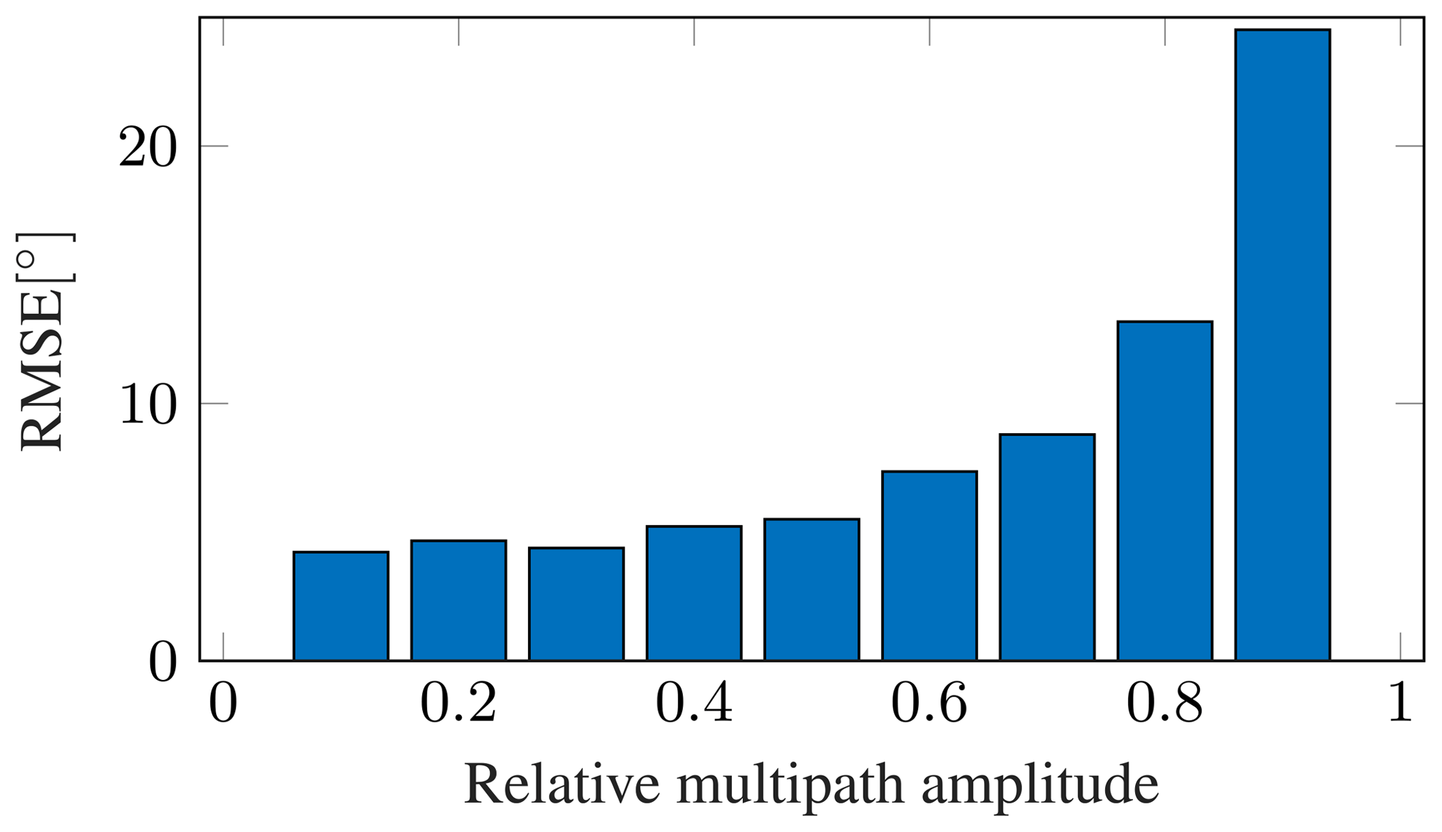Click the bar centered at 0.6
click(x=929, y=566)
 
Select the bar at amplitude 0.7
click(x=1046, y=547)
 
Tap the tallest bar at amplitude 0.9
click(x=1282, y=345)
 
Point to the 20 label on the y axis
click(x=147, y=147)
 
